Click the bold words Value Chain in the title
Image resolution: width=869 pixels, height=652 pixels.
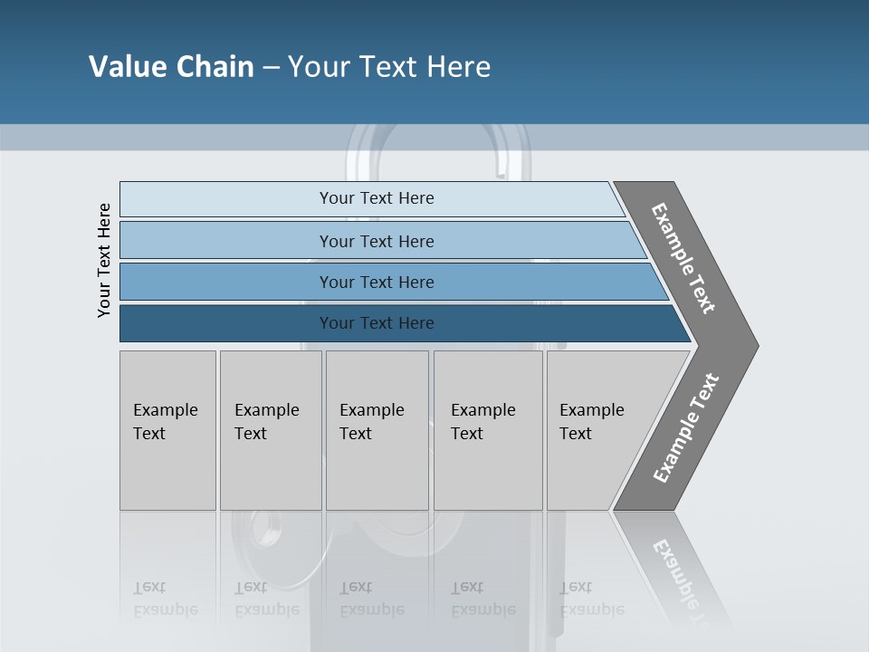coord(171,67)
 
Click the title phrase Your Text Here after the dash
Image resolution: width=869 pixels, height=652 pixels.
coord(389,67)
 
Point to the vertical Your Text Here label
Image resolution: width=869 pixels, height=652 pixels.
coord(105,260)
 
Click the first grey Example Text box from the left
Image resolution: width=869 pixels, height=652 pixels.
coord(167,430)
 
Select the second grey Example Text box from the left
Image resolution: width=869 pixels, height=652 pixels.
coord(271,430)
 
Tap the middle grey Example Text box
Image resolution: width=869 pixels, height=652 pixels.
coord(377,430)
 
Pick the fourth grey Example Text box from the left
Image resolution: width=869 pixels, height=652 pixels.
coord(488,430)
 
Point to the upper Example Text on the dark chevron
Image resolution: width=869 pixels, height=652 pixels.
coord(683,258)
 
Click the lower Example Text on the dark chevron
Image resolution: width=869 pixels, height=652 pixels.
coord(686,427)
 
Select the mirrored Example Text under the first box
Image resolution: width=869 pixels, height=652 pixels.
coord(165,599)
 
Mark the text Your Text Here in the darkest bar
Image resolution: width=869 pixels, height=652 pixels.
coord(377,323)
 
